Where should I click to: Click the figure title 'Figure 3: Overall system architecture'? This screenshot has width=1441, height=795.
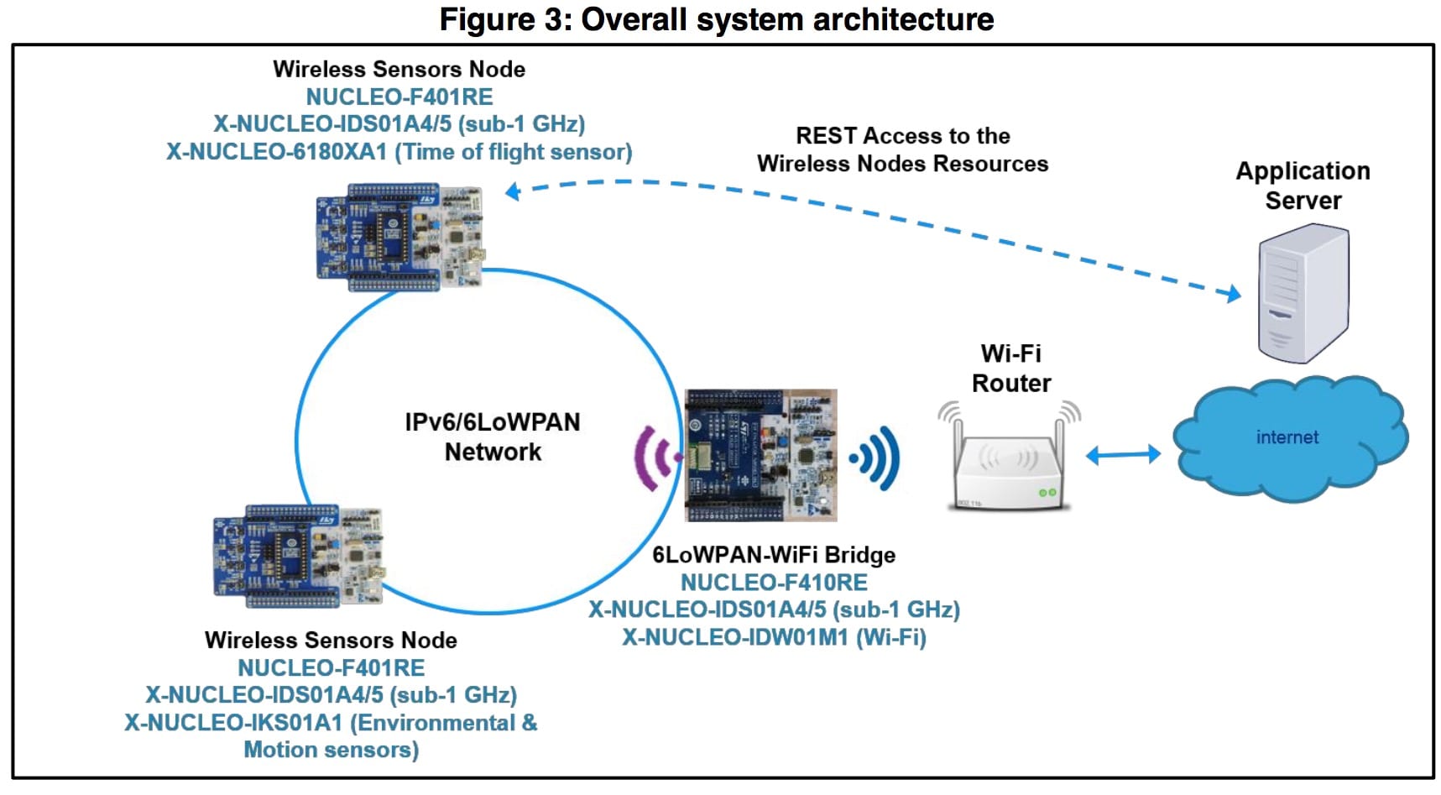[717, 19]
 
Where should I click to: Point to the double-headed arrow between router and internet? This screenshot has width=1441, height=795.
[1123, 455]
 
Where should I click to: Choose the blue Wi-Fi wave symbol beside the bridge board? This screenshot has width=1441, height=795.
[877, 458]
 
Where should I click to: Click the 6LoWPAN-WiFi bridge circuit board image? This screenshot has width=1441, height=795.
[760, 455]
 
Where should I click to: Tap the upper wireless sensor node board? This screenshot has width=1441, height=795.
[400, 238]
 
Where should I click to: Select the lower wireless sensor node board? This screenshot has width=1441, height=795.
[298, 555]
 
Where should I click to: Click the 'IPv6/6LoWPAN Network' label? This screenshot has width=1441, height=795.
[493, 437]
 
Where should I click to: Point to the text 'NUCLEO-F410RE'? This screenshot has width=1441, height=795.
[774, 582]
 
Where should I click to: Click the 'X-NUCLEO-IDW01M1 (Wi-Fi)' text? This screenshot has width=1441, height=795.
[774, 637]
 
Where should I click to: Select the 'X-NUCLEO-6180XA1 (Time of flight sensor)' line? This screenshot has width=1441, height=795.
[399, 152]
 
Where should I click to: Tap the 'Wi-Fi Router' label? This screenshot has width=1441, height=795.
[1010, 369]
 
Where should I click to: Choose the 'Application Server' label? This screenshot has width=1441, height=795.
[1303, 186]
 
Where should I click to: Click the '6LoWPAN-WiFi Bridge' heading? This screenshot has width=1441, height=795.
[774, 555]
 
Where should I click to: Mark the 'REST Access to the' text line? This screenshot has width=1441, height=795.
[902, 136]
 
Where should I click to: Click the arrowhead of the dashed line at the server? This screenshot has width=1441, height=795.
[1234, 294]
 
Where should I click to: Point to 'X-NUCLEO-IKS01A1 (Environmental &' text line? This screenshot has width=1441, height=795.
[331, 723]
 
